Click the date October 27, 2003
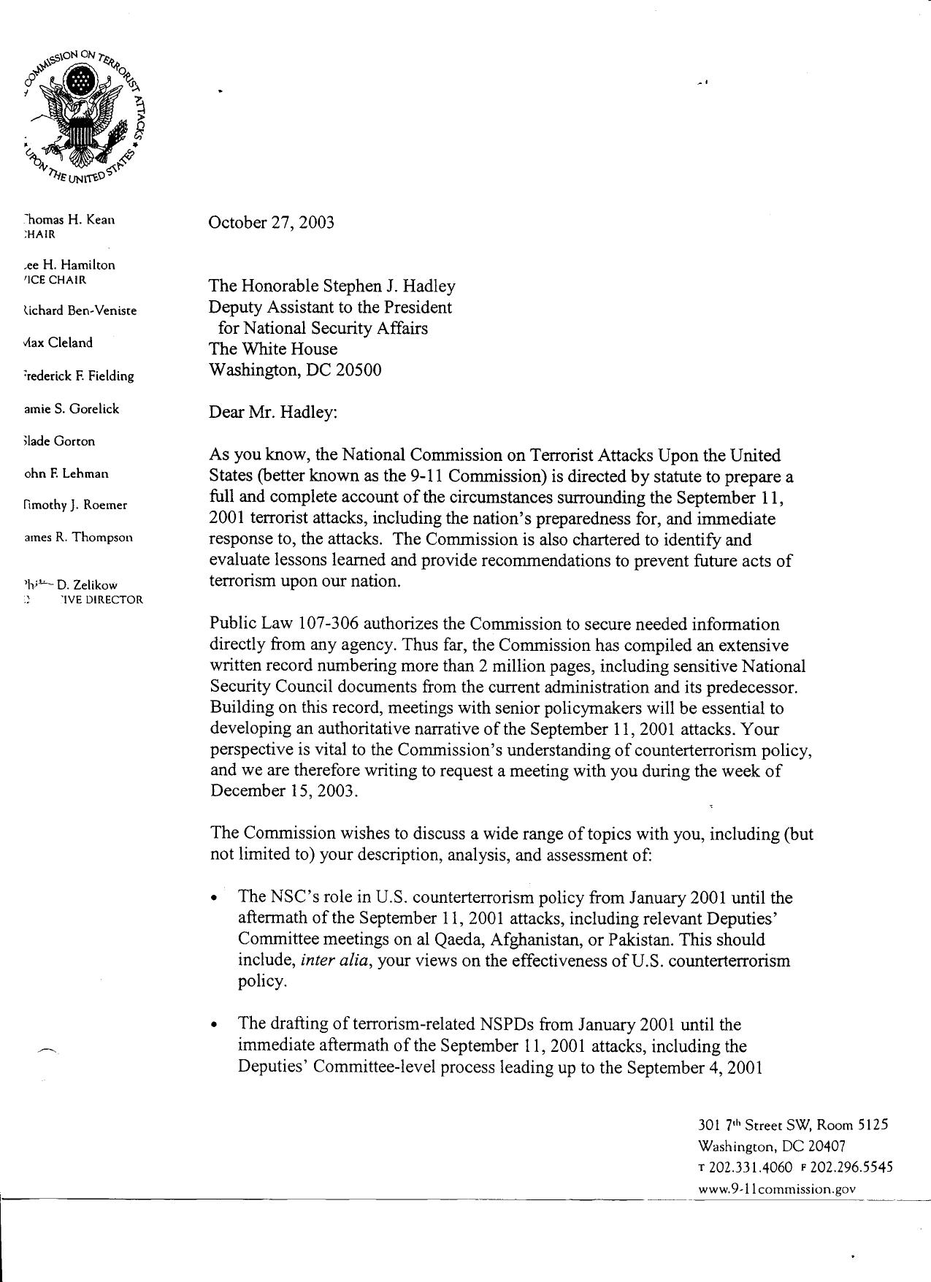(x=272, y=223)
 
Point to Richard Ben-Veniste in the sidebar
(x=80, y=310)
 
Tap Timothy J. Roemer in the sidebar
(x=75, y=505)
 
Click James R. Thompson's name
(x=78, y=537)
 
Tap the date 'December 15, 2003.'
(x=285, y=791)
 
